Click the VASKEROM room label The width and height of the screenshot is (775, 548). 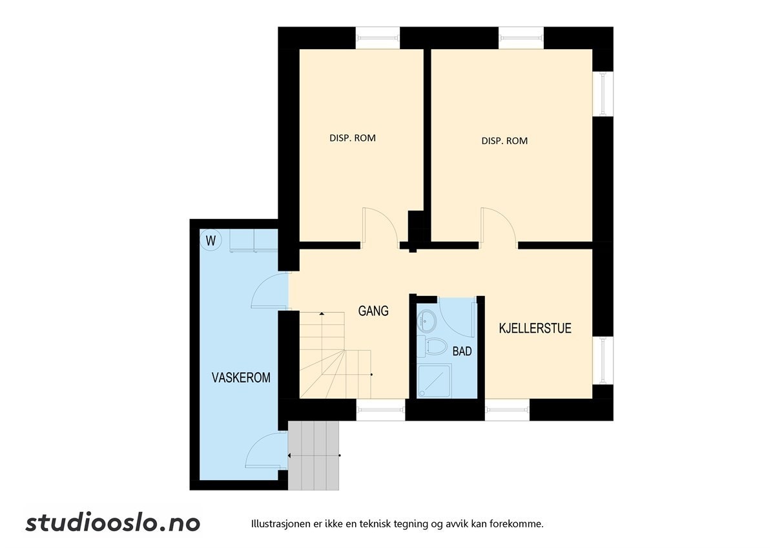point(241,377)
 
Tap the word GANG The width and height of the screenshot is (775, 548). point(373,311)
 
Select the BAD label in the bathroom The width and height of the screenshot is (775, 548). point(462,352)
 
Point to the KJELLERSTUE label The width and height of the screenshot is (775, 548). point(535,328)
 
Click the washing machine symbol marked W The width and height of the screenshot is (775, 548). point(211,241)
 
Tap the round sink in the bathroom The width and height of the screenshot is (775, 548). point(427,319)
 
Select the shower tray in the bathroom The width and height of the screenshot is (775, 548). point(435,381)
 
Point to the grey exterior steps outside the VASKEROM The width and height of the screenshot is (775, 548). point(314,455)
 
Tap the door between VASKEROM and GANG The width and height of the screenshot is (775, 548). point(268,291)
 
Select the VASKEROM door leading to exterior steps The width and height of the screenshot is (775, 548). point(266,450)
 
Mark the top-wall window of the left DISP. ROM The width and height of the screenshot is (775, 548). point(378,37)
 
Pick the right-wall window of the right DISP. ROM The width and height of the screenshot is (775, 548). point(603,94)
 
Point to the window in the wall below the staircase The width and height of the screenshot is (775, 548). point(380,410)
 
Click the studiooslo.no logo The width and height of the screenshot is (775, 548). point(113,523)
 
